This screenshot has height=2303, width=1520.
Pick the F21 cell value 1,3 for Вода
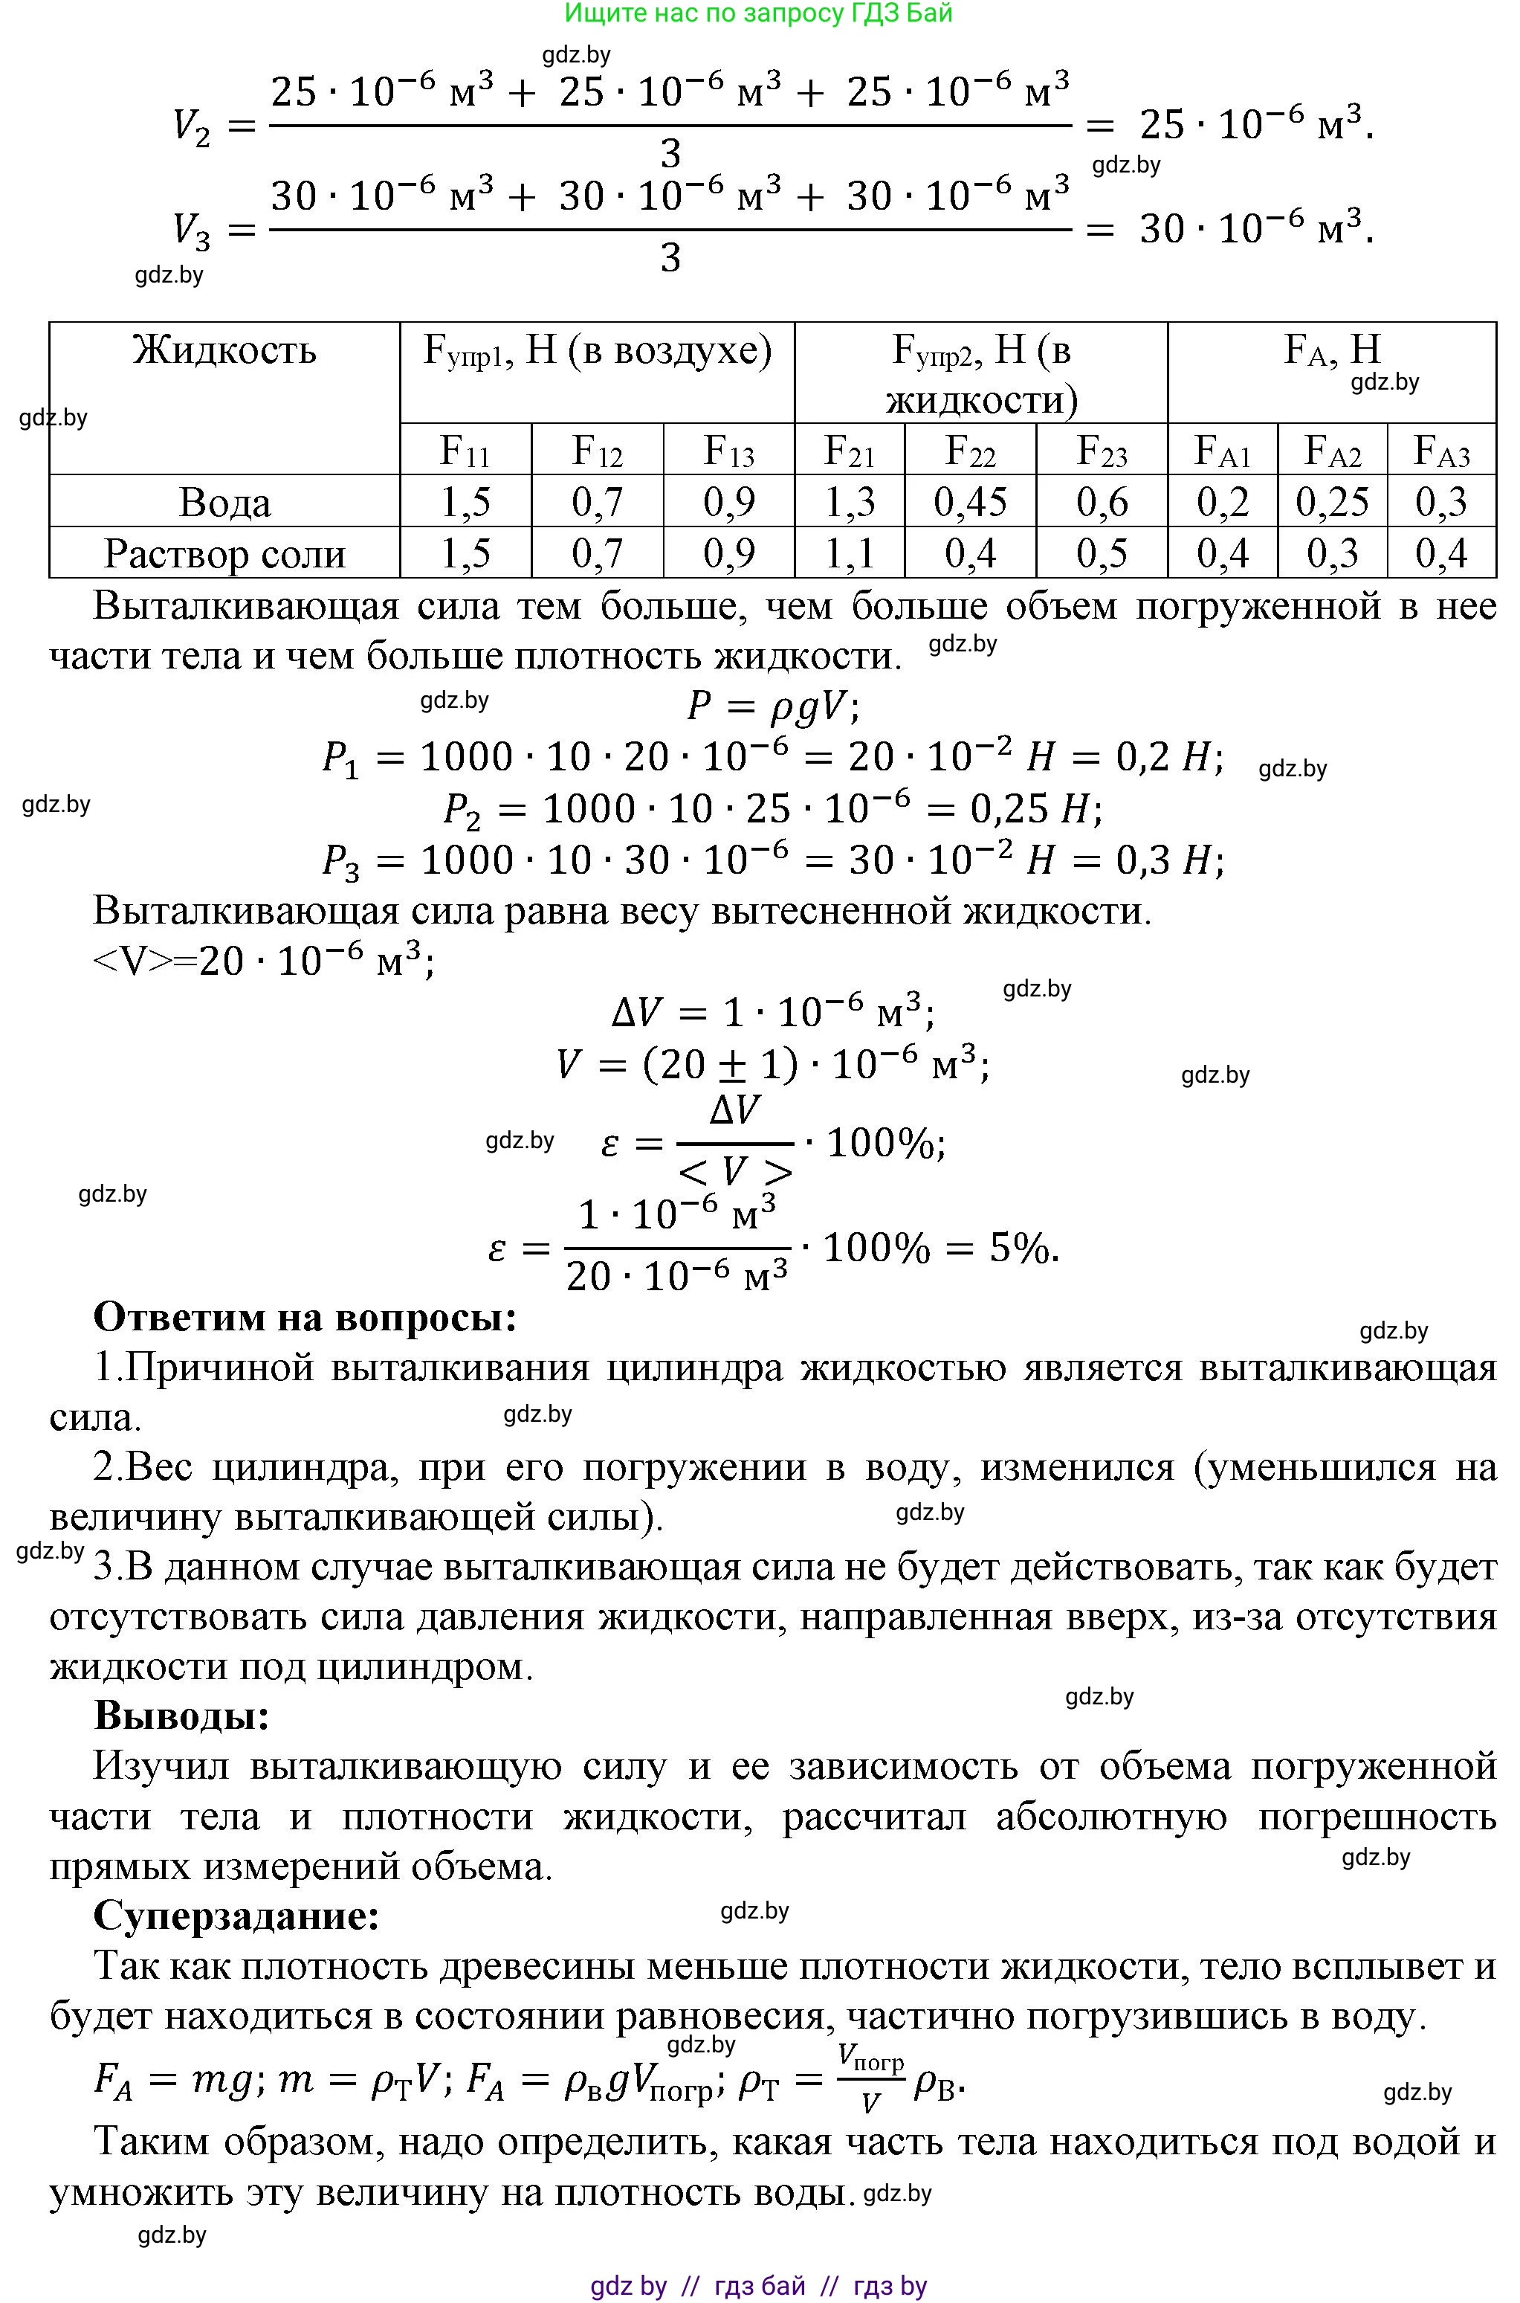click(848, 502)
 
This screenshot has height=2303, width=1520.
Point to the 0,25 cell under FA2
click(1332, 502)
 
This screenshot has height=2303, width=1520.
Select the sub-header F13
click(728, 451)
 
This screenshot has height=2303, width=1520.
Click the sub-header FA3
click(1441, 451)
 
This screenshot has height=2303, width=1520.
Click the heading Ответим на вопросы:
click(305, 1317)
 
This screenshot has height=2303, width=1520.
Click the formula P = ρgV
click(772, 706)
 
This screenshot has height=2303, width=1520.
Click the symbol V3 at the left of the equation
click(191, 230)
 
